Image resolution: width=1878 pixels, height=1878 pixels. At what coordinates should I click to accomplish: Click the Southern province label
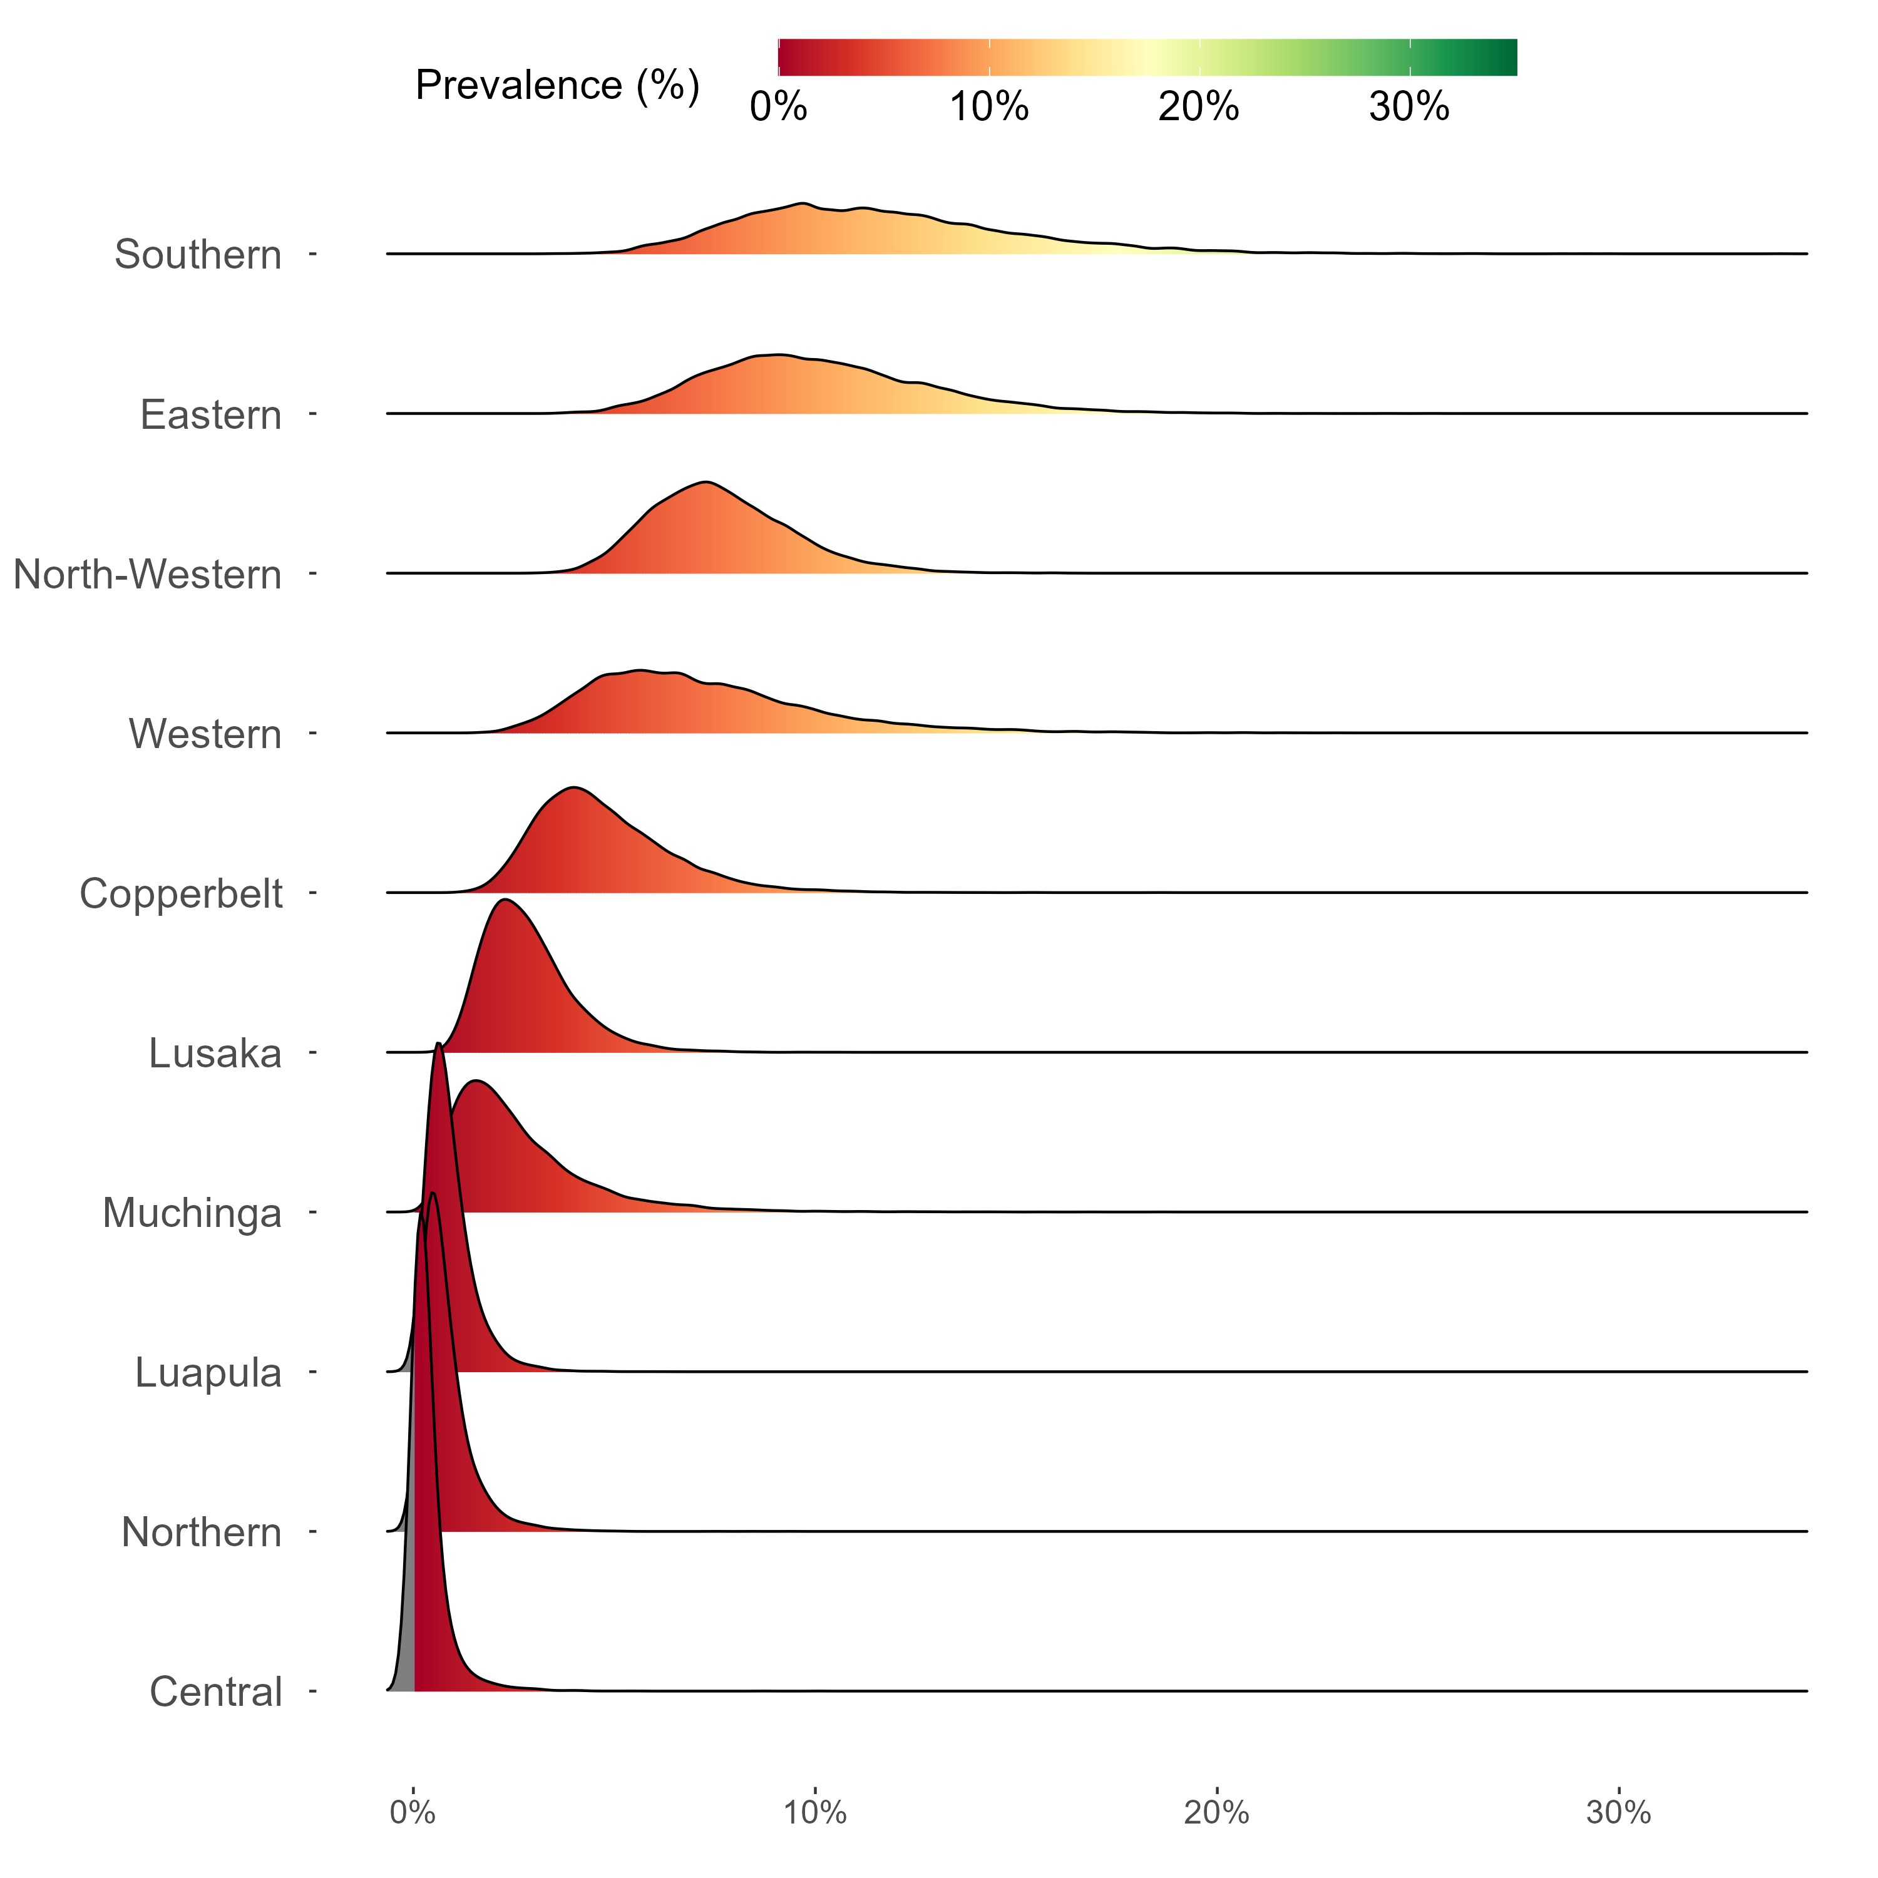click(x=198, y=255)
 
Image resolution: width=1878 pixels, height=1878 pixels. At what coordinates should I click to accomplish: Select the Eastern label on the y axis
click(x=211, y=415)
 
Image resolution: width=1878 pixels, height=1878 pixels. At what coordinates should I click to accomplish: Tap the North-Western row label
click(x=148, y=575)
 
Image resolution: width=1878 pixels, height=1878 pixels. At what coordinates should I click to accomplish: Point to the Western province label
click(x=205, y=734)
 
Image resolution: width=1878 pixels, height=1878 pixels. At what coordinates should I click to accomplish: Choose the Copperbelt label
click(x=182, y=893)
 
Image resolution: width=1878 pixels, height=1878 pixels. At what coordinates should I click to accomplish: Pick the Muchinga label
click(x=192, y=1213)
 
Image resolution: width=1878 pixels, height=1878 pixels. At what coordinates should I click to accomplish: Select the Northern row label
click(x=201, y=1532)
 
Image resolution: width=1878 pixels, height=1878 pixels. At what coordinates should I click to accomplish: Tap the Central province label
click(x=216, y=1692)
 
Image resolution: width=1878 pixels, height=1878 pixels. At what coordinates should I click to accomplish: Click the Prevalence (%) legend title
click(x=557, y=86)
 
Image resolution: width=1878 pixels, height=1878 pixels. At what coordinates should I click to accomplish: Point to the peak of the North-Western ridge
click(x=707, y=481)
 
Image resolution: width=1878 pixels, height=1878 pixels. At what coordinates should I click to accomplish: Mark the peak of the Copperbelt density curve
click(x=575, y=788)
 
